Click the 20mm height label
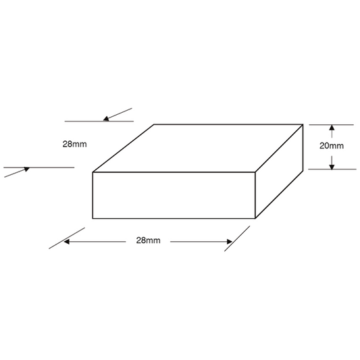(332, 146)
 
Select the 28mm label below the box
(148, 240)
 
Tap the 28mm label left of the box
(74, 144)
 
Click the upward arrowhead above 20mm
(332, 128)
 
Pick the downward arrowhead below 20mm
(332, 167)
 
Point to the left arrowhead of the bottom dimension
(67, 242)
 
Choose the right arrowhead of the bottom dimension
(230, 242)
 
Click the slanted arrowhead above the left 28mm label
(106, 119)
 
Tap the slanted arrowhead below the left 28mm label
(27, 170)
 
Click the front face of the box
(174, 195)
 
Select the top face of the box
(198, 148)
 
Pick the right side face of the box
(279, 172)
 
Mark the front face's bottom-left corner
(93, 218)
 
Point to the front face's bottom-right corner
(255, 218)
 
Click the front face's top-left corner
(93, 172)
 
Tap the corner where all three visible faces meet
(255, 172)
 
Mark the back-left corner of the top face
(154, 124)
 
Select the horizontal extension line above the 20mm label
(332, 125)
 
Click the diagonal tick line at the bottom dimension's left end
(67, 238)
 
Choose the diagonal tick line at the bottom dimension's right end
(237, 238)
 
